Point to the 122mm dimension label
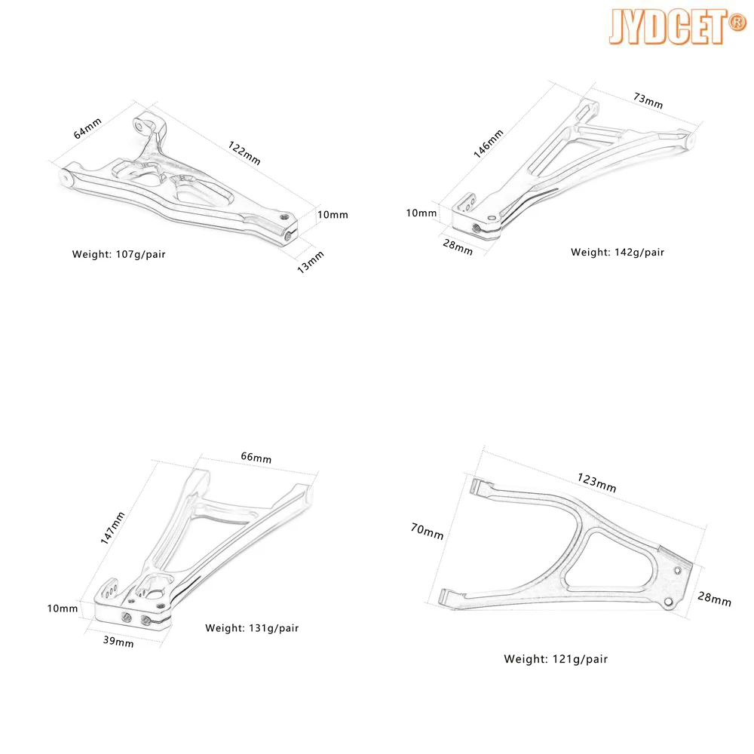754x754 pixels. point(243,153)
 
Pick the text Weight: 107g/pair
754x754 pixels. point(118,254)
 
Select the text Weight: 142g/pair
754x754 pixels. point(617,252)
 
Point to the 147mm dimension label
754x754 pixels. point(117,527)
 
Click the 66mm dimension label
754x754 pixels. point(256,458)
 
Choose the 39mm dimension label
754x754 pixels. point(118,642)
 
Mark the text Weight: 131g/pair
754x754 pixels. point(252,628)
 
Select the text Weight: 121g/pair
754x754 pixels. point(556,659)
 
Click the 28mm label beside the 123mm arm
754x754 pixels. point(716,600)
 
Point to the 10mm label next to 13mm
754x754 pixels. point(333,215)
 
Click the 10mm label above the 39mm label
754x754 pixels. point(63,608)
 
